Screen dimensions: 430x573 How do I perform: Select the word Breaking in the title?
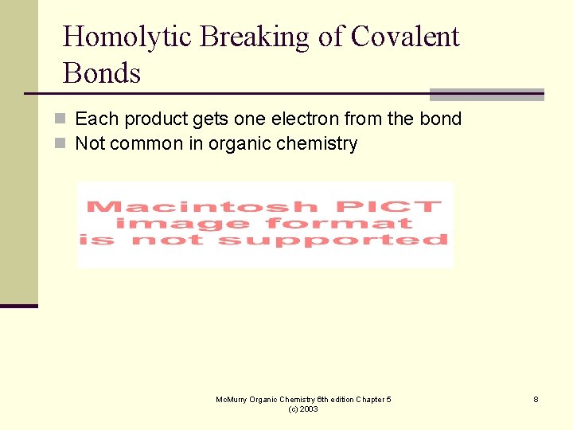[x=235, y=37]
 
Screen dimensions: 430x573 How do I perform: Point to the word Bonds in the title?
[x=101, y=73]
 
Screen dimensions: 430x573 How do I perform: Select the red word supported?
[x=333, y=239]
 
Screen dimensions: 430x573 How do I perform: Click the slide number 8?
[x=536, y=399]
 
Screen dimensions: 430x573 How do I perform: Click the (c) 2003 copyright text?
[x=303, y=408]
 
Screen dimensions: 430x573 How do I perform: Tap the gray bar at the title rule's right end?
[x=486, y=95]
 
